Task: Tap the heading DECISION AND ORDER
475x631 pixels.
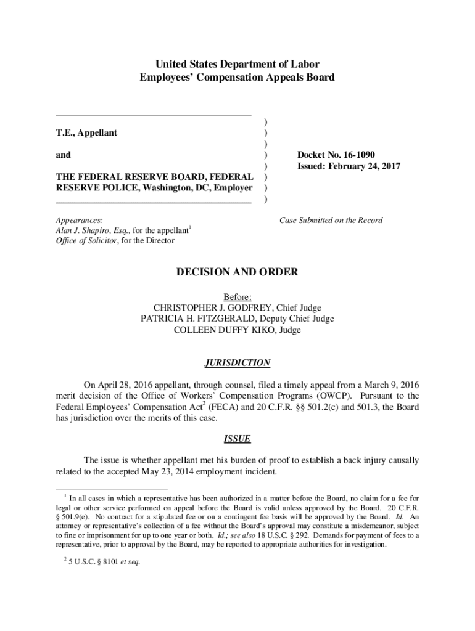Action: pyautogui.click(x=237, y=272)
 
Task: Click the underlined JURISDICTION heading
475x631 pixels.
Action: pyautogui.click(x=237, y=363)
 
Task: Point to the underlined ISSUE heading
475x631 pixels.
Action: pyautogui.click(x=237, y=439)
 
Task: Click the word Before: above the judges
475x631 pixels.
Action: pyautogui.click(x=238, y=297)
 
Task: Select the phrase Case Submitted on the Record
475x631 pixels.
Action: pyautogui.click(x=331, y=220)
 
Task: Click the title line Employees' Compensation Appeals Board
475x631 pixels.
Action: pyautogui.click(x=237, y=78)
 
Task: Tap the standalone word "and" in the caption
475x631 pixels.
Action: pyautogui.click(x=63, y=155)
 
